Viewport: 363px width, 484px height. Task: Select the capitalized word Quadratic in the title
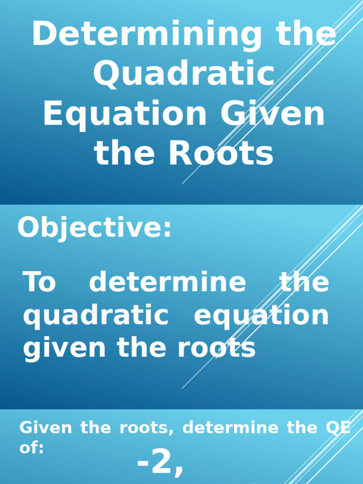(x=183, y=75)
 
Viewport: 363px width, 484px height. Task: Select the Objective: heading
(x=95, y=228)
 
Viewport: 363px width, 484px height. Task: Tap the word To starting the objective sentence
(x=40, y=282)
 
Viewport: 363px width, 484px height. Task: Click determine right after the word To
(x=167, y=282)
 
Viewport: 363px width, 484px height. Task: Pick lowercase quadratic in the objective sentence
(x=96, y=316)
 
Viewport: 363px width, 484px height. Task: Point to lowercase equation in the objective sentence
(x=261, y=316)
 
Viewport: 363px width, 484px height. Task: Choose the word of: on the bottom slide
(x=32, y=448)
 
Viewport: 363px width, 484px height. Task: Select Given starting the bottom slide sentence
(x=46, y=428)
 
